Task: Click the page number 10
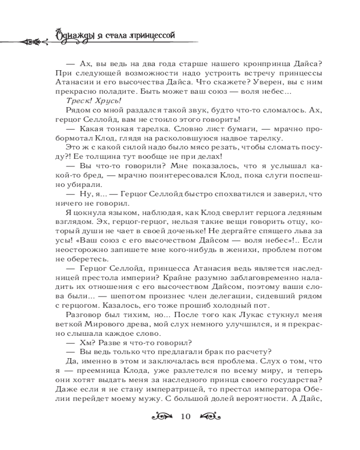coord(185,416)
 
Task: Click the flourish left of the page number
coord(162,416)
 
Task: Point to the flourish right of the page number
coord(208,416)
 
